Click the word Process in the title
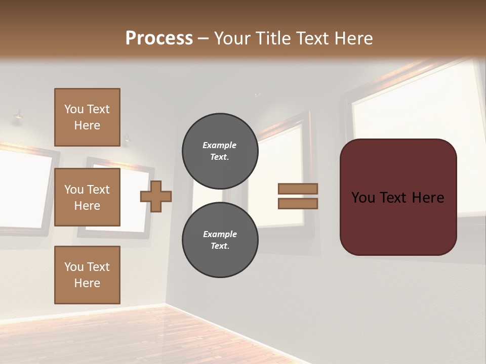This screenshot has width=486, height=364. pyautogui.click(x=159, y=38)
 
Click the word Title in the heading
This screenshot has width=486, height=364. pyautogui.click(x=271, y=38)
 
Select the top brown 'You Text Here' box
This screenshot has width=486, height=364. pyautogui.click(x=87, y=117)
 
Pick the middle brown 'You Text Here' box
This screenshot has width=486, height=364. pyautogui.click(x=87, y=197)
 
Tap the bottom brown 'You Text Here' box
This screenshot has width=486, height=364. pyautogui.click(x=87, y=275)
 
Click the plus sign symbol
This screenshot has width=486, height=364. pyautogui.click(x=156, y=196)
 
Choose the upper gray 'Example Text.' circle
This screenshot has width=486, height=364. pyautogui.click(x=220, y=151)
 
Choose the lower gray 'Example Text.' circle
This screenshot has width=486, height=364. pyautogui.click(x=220, y=240)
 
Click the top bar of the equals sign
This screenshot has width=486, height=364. pyautogui.click(x=298, y=189)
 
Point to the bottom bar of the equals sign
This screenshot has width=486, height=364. pyautogui.click(x=298, y=203)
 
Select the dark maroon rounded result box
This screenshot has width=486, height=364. pyautogui.click(x=398, y=222)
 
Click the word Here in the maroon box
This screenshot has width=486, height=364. pyautogui.click(x=428, y=198)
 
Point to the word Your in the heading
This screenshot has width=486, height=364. pyautogui.click(x=232, y=38)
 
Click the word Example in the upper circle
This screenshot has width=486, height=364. pyautogui.click(x=220, y=145)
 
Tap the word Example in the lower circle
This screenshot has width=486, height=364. pyautogui.click(x=220, y=234)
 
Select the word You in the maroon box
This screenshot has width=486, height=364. pyautogui.click(x=363, y=198)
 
